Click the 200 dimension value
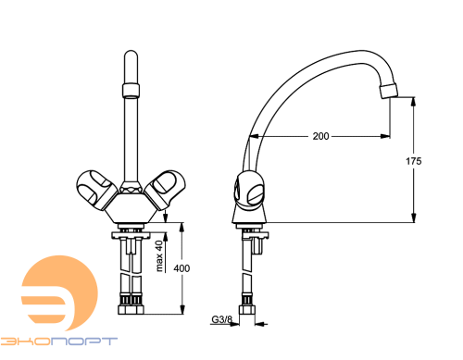point(320,136)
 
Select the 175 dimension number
point(413,161)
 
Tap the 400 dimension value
point(181,268)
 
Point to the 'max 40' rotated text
point(159,256)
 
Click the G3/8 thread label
point(221,319)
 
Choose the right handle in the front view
point(165,190)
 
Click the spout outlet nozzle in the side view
point(389,91)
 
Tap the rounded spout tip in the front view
point(131,67)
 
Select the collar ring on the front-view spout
point(131,90)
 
